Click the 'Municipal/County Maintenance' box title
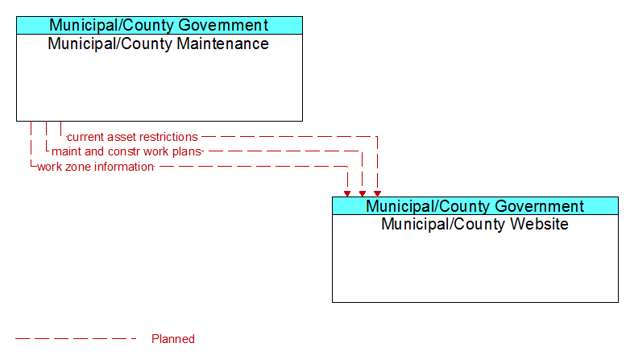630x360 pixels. coord(158,43)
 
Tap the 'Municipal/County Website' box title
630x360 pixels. coord(475,224)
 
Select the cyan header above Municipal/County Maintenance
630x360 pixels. coord(160,25)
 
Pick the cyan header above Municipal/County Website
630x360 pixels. coord(475,206)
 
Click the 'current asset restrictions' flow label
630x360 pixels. coord(132,137)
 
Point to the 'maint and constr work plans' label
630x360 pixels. coord(126,151)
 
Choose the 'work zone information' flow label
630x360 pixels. coord(95,167)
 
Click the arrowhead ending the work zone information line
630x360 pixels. coord(347,194)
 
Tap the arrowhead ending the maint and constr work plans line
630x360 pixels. coord(363,194)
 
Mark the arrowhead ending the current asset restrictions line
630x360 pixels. coord(377,194)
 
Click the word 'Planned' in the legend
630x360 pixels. coord(173,339)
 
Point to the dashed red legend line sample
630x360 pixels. coord(76,339)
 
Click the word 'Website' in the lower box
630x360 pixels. coord(539,224)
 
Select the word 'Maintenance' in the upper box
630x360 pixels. coord(222,43)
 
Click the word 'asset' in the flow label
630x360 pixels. coord(118,137)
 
